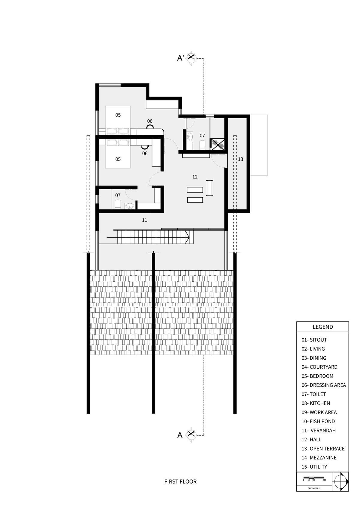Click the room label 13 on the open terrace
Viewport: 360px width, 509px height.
241,159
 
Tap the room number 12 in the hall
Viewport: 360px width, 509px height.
195,177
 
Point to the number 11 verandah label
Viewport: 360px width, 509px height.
144,220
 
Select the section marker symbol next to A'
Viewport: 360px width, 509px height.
191,58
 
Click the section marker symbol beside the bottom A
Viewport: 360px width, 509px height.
191,435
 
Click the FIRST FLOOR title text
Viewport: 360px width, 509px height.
181,481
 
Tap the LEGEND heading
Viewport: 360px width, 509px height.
323,327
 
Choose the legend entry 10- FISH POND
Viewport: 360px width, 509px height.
318,421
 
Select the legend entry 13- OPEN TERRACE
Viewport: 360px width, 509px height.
323,448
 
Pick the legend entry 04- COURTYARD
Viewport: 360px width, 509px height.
319,367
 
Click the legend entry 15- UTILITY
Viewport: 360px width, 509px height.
314,467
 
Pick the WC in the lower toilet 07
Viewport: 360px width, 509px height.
118,204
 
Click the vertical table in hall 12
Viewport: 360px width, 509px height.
209,188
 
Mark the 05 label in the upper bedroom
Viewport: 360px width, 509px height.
118,115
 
